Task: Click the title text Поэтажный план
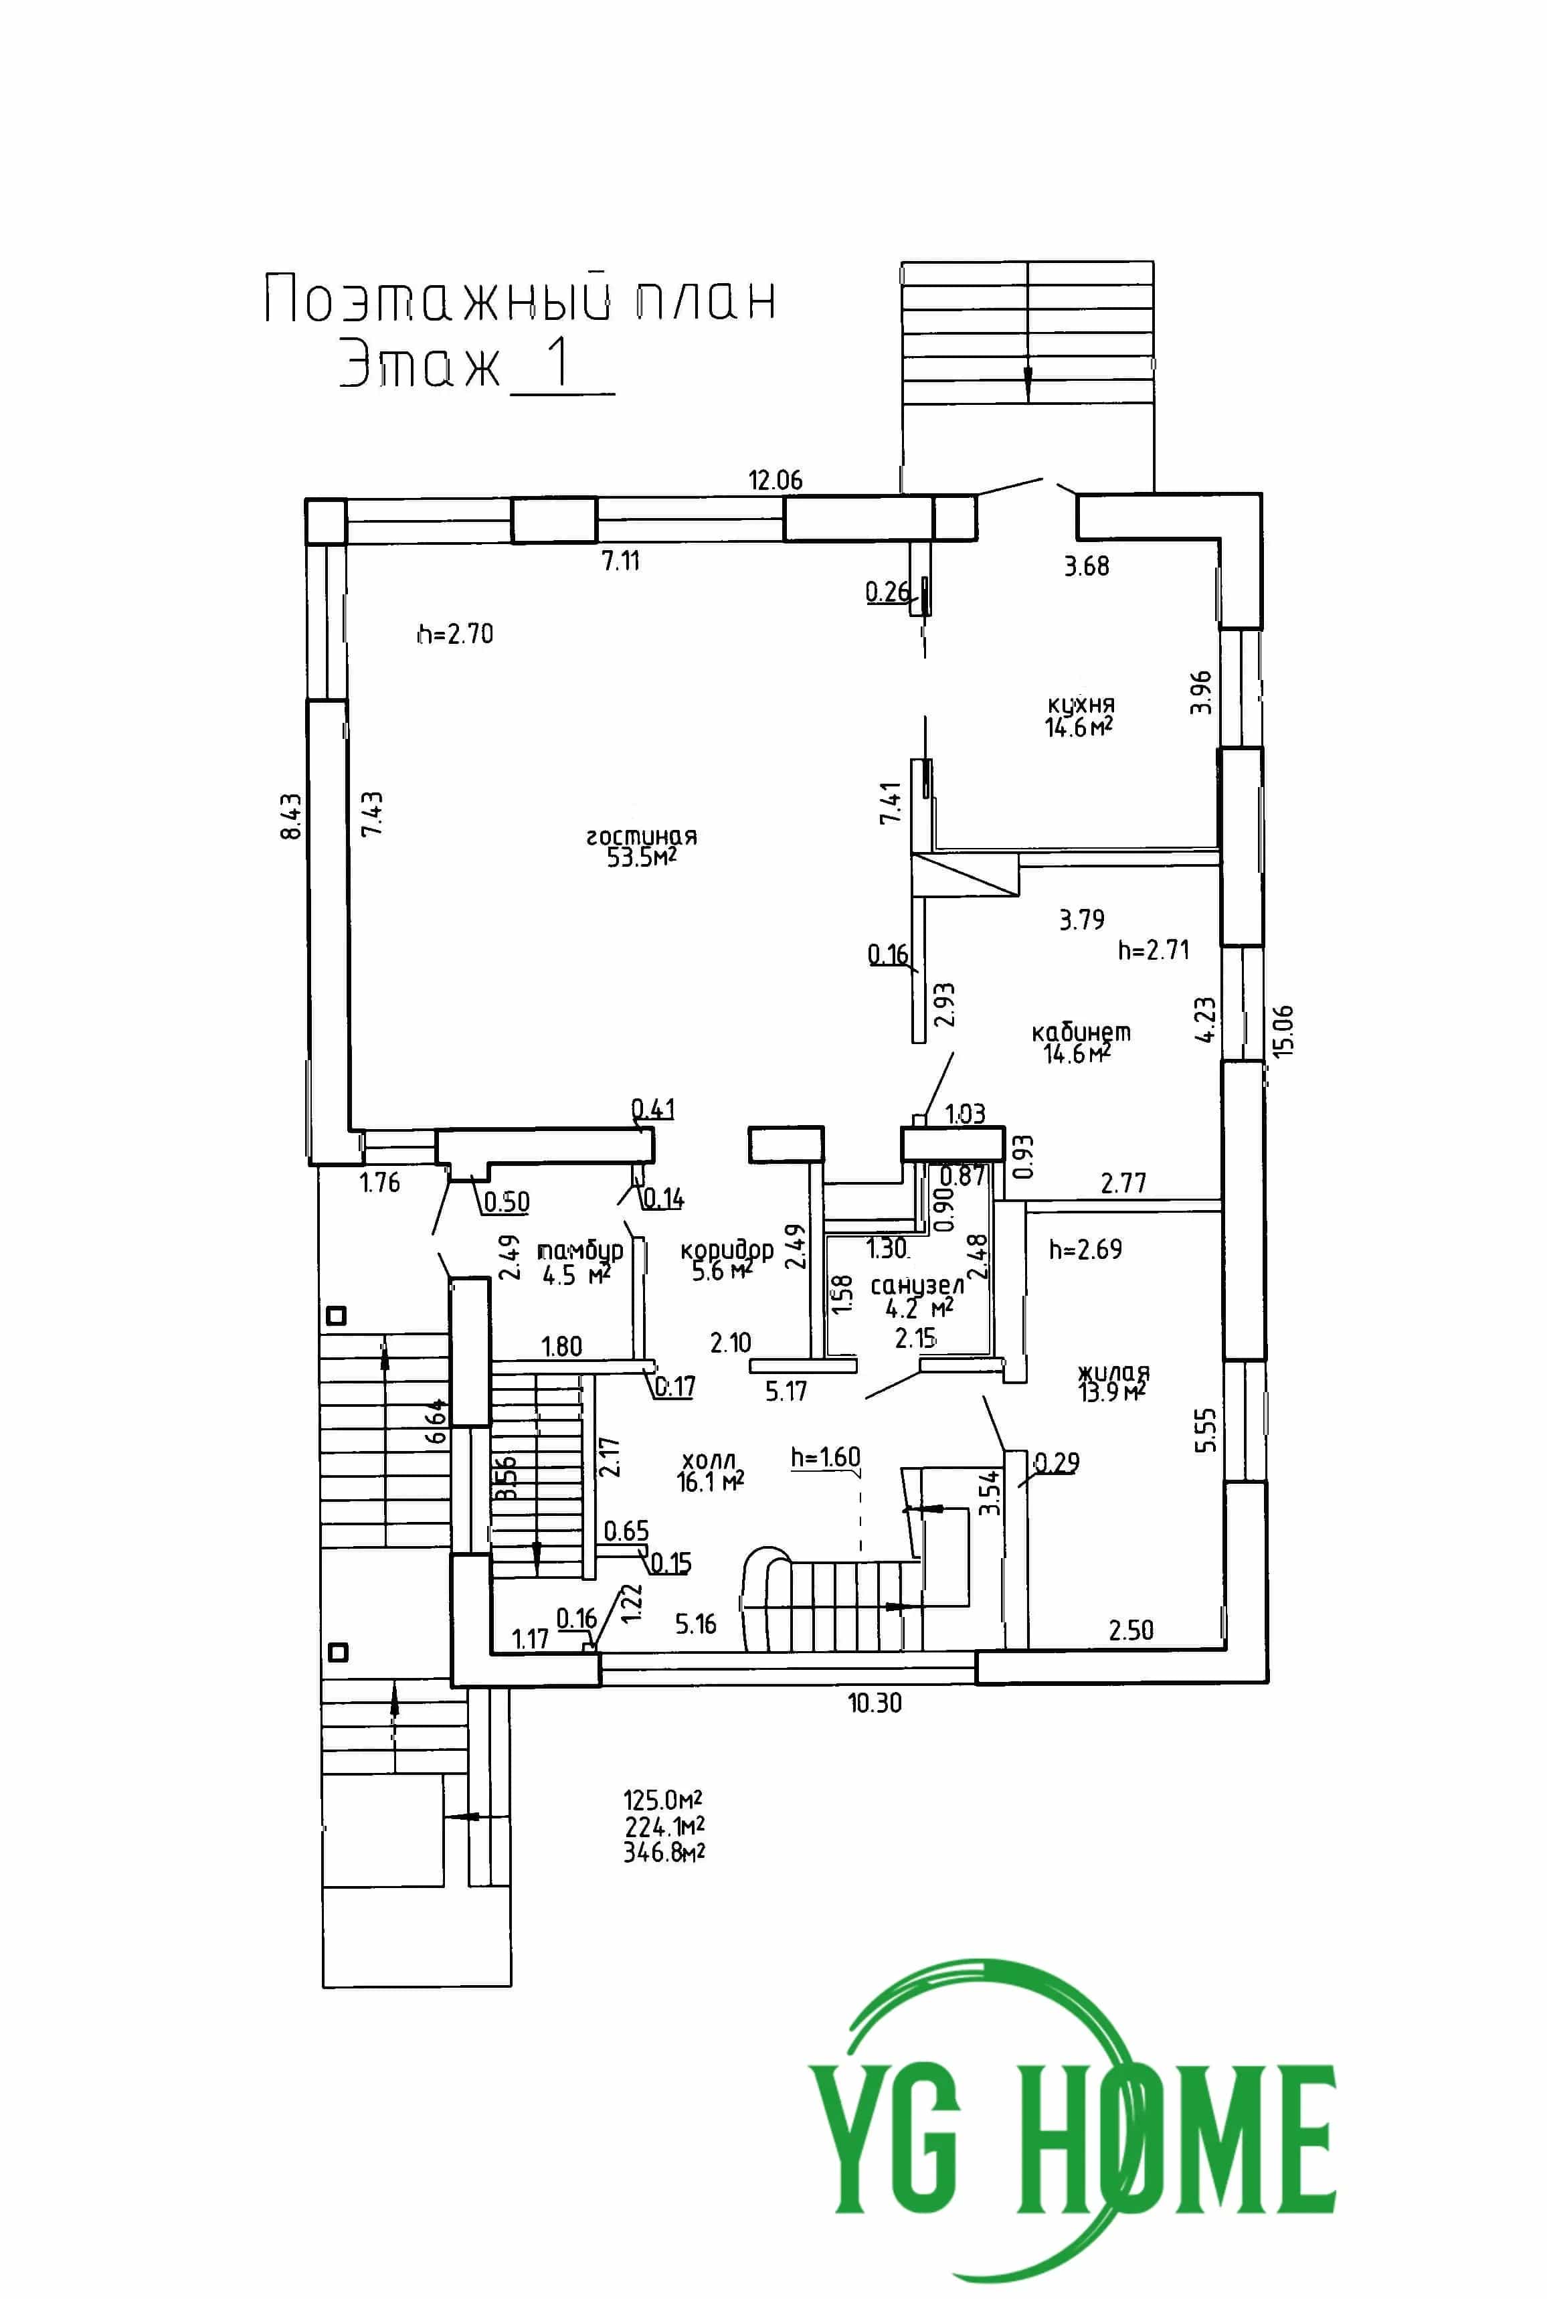520,300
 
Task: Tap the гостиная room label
642,837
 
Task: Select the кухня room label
1081,705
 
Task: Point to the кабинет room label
1081,1032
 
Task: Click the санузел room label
917,1286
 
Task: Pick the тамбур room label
580,1251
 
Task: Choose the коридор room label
727,1250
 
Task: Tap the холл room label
709,1459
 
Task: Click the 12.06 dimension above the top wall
776,481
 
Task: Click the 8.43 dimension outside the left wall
291,816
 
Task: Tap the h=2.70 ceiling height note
455,633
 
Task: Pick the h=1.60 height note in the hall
826,1456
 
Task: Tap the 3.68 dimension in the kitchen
1086,566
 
